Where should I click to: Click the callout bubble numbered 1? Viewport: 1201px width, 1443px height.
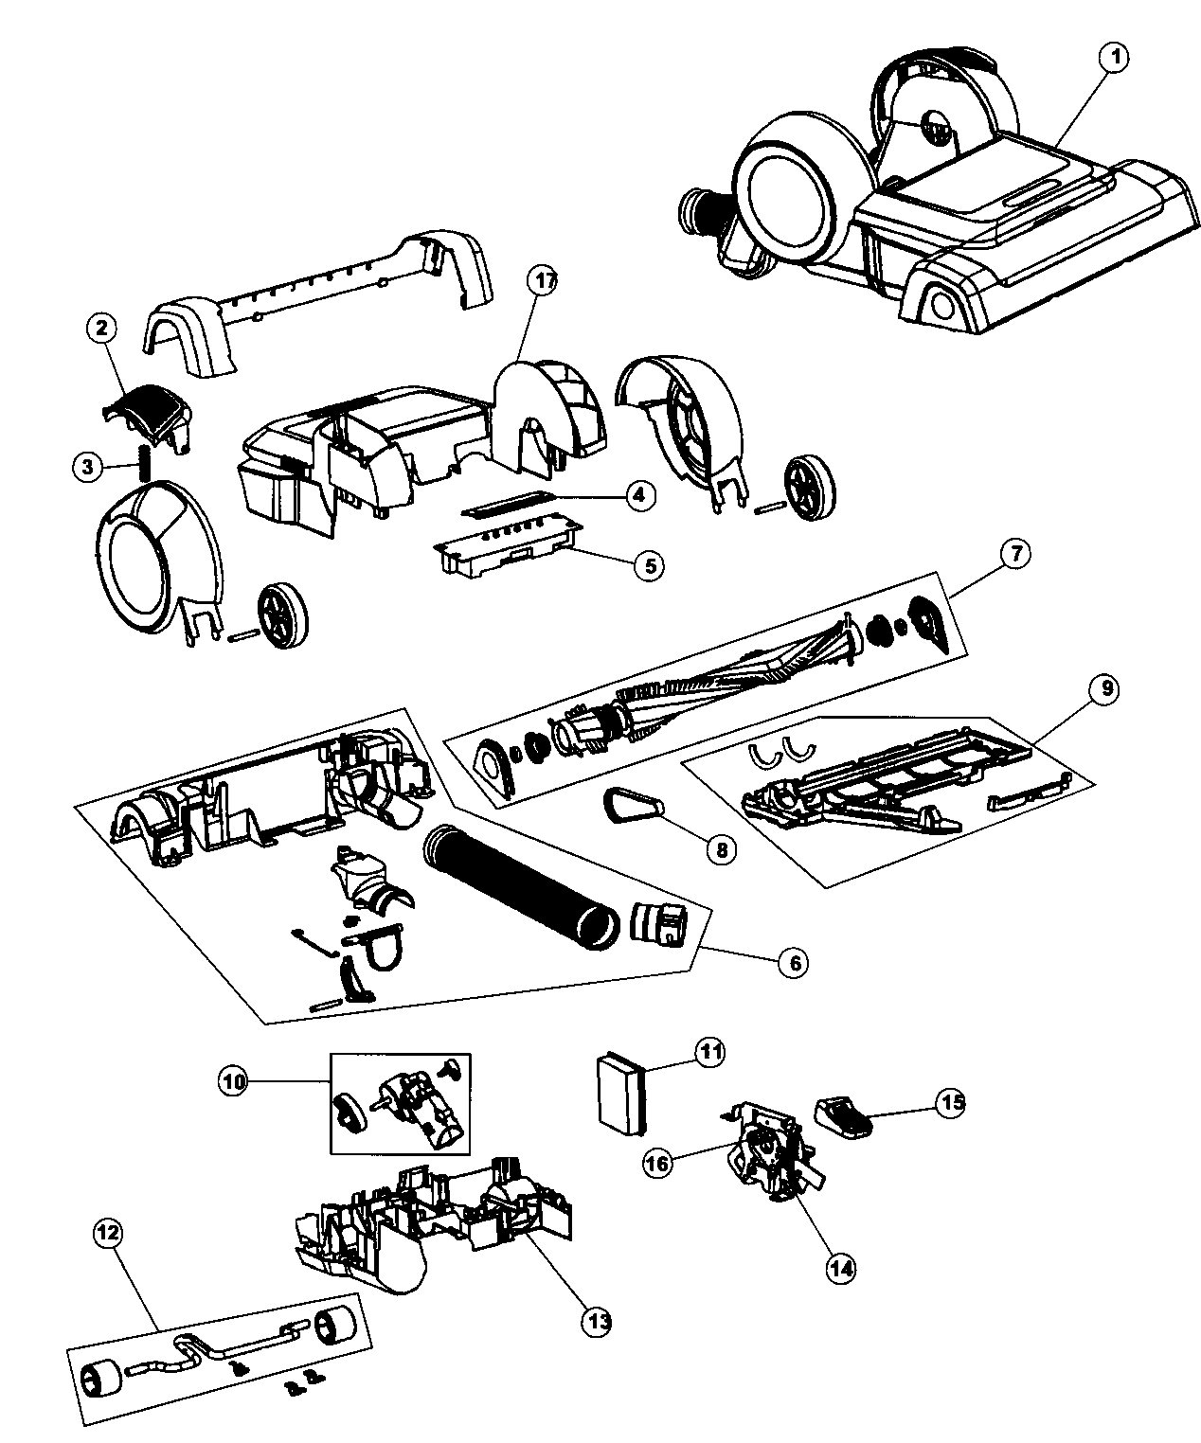1114,58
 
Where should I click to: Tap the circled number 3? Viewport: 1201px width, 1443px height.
87,466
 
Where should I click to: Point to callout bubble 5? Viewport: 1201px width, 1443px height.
649,566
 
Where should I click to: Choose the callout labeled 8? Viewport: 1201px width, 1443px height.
720,849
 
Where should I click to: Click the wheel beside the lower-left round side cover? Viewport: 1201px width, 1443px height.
282,615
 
